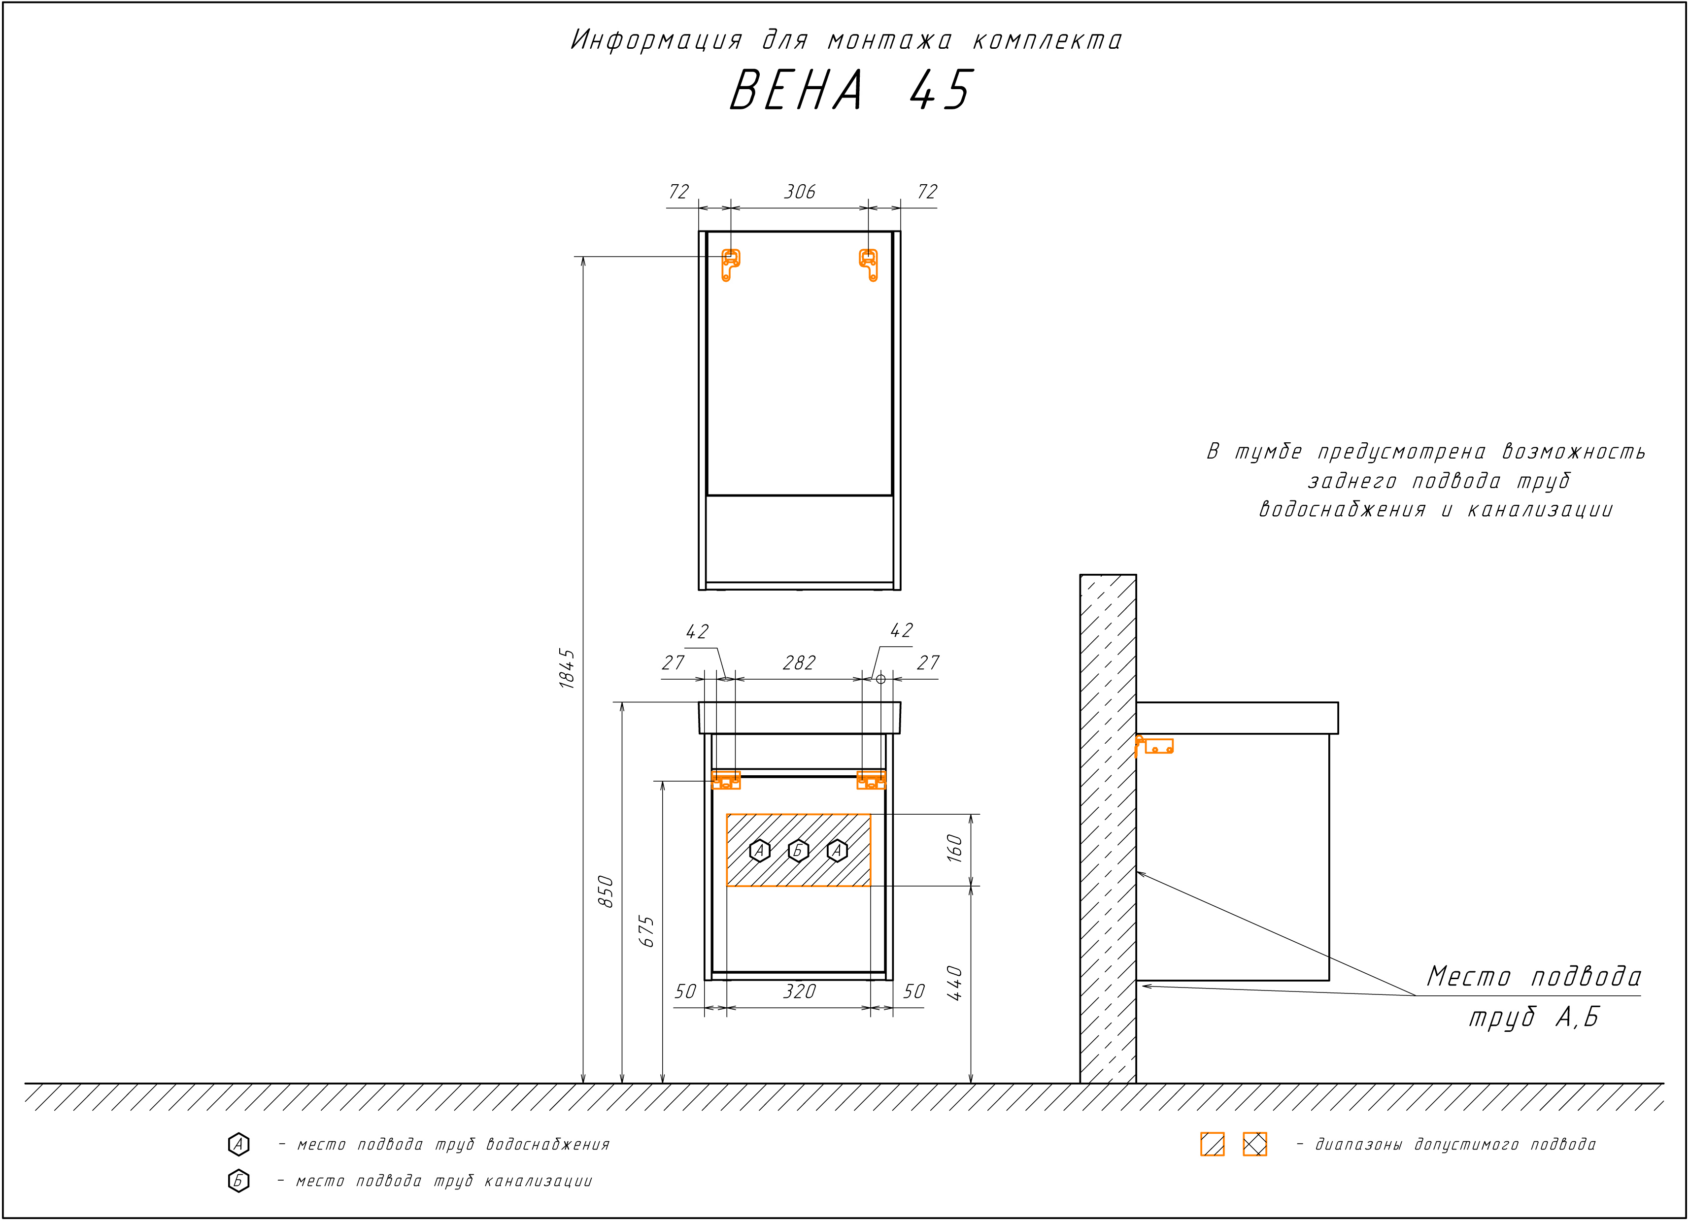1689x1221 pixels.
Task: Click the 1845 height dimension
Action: coord(568,668)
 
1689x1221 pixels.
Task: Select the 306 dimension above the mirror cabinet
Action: coord(800,192)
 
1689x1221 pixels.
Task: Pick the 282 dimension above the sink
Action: coord(799,662)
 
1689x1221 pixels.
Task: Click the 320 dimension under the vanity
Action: coord(800,991)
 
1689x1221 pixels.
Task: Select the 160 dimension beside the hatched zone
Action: coord(955,849)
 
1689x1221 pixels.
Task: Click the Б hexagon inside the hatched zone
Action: coord(798,850)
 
